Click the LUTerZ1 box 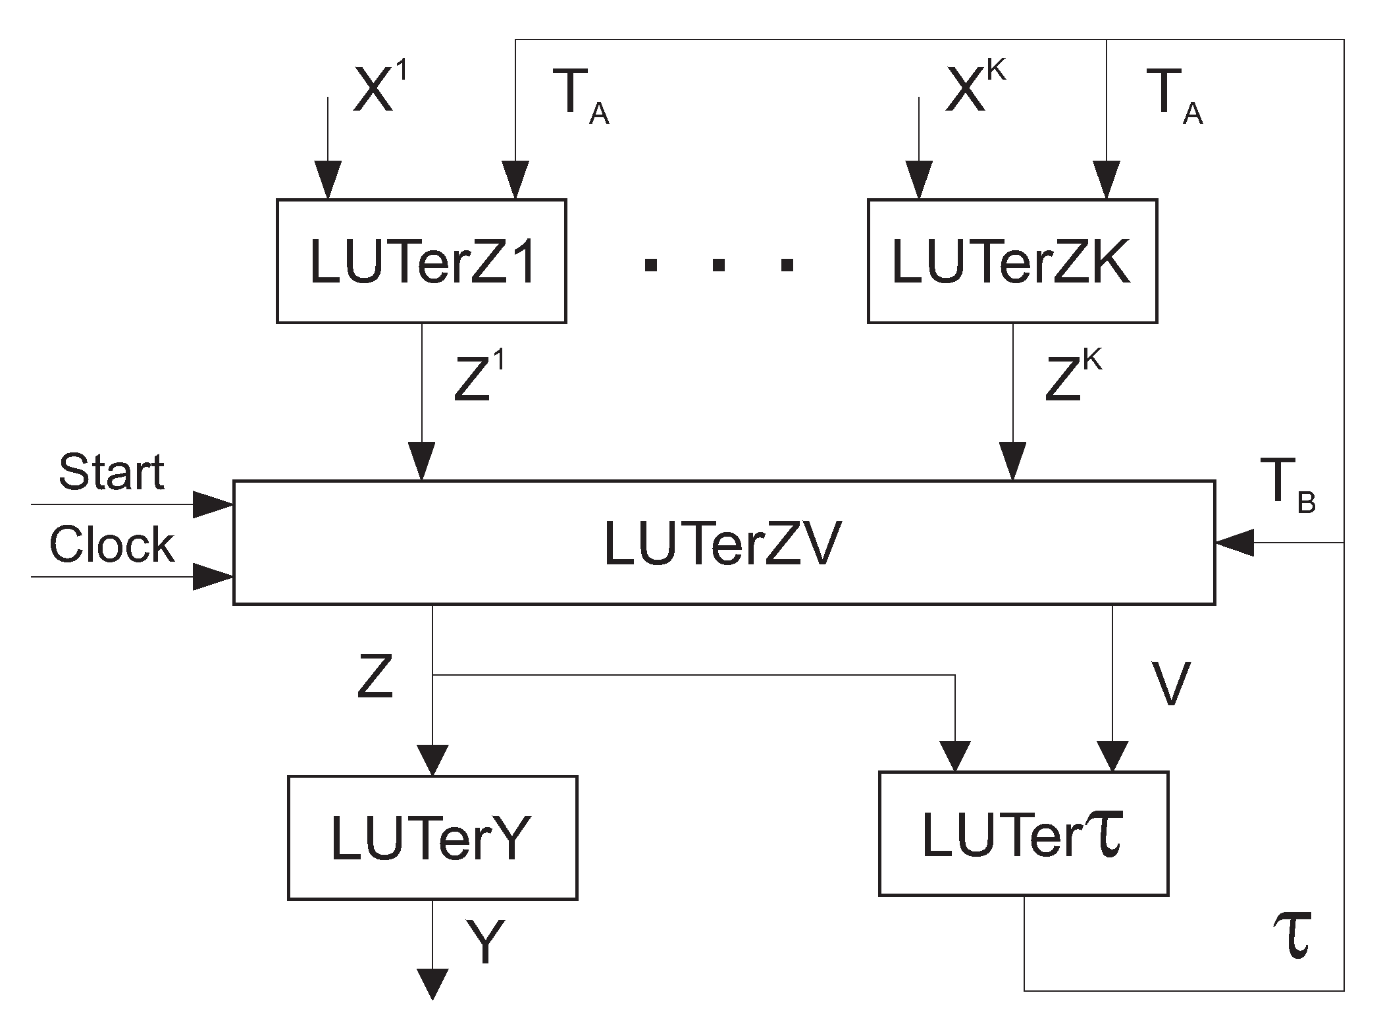[421, 261]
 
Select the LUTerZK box [1012, 261]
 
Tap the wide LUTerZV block [723, 543]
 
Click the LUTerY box [432, 838]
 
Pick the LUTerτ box [1023, 834]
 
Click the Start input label [111, 473]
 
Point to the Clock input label [111, 545]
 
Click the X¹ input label [380, 91]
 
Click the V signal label [1170, 684]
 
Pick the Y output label [485, 942]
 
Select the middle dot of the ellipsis [719, 265]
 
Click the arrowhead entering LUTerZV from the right [1233, 543]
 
